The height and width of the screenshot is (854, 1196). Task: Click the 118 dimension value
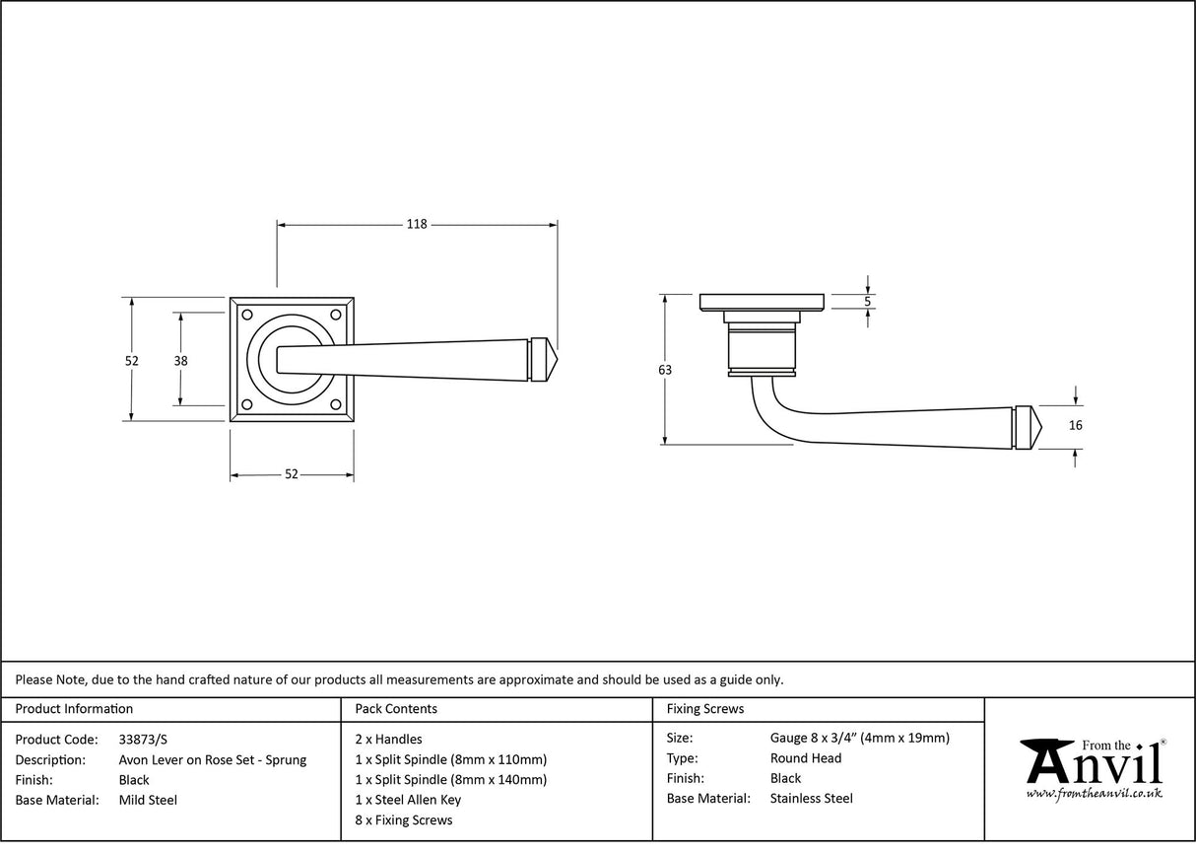click(417, 225)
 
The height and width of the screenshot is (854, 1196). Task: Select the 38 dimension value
click(180, 361)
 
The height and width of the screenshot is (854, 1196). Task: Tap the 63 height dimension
click(665, 370)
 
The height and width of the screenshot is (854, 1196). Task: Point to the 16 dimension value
click(1075, 426)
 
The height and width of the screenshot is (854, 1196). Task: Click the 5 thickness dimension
click(868, 302)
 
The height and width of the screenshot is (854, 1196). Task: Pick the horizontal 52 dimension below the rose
click(292, 474)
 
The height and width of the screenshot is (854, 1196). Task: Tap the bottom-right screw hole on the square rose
click(337, 404)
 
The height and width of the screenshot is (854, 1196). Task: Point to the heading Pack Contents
click(396, 708)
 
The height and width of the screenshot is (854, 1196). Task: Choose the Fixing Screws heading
click(705, 708)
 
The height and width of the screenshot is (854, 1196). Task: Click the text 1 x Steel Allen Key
click(408, 800)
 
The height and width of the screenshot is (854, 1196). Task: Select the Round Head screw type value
click(806, 758)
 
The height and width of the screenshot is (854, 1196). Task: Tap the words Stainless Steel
click(812, 799)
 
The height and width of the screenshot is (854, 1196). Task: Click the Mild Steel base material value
click(148, 800)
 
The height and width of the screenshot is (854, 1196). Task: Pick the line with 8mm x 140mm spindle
click(450, 779)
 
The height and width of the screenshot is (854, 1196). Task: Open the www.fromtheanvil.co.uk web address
click(1094, 793)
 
